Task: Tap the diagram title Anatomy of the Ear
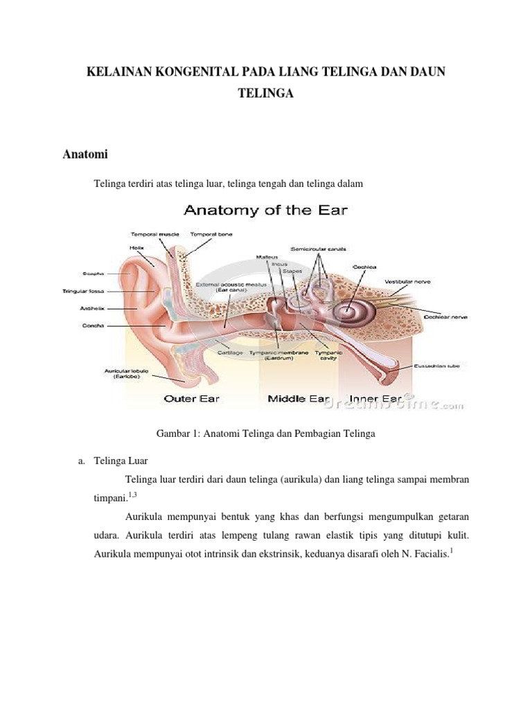[x=265, y=210]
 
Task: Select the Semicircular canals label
[x=317, y=248]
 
